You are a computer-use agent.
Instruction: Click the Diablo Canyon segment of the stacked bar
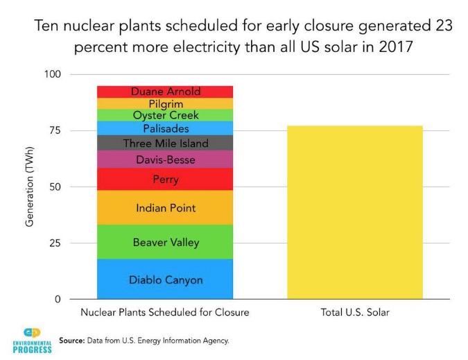pyautogui.click(x=165, y=280)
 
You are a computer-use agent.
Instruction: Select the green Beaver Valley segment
pyautogui.click(x=165, y=242)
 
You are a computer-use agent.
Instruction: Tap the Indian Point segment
pyautogui.click(x=165, y=207)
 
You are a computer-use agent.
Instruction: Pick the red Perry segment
pyautogui.click(x=165, y=179)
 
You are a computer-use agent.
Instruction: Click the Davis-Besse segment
pyautogui.click(x=165, y=160)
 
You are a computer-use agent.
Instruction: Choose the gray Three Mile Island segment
pyautogui.click(x=165, y=143)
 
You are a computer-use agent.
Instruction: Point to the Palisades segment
pyautogui.click(x=165, y=128)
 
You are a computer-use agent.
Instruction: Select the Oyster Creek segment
pyautogui.click(x=165, y=115)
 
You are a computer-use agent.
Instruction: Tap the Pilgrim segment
pyautogui.click(x=165, y=103)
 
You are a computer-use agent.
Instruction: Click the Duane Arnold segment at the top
pyautogui.click(x=165, y=91)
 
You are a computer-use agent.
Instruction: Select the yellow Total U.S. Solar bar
pyautogui.click(x=354, y=212)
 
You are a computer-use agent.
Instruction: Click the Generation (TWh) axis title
pyautogui.click(x=30, y=187)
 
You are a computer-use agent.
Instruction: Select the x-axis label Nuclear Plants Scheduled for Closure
pyautogui.click(x=165, y=313)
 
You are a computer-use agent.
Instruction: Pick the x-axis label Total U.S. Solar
pyautogui.click(x=354, y=313)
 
